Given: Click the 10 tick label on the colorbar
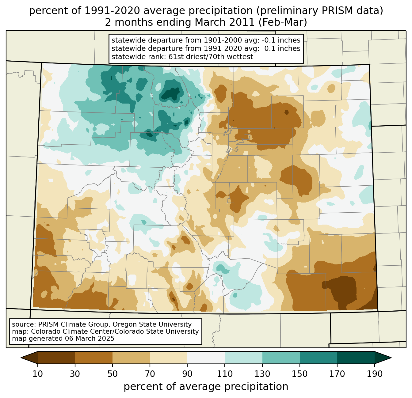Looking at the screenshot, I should [37, 374].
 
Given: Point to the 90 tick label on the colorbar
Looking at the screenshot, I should [187, 374].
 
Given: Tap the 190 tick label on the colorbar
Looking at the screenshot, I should [375, 374].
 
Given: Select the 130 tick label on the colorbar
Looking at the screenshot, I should [262, 374].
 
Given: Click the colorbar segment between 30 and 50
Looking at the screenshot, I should [94, 358].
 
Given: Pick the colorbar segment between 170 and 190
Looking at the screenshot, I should [356, 358].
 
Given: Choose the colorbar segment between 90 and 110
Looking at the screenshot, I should [206, 358].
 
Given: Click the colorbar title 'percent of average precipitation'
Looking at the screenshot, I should [206, 387].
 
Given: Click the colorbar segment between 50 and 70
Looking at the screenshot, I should [131, 358].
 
